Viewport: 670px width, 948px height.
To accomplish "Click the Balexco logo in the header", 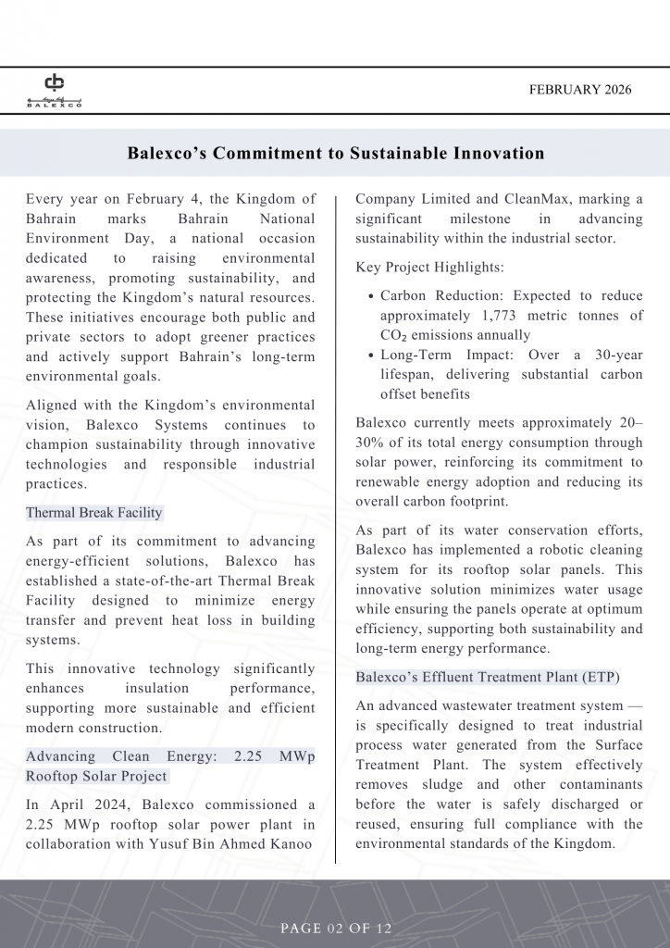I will (x=54, y=89).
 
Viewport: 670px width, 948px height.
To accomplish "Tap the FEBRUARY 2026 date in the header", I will (x=580, y=90).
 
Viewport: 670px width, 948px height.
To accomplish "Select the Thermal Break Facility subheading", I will (x=93, y=513).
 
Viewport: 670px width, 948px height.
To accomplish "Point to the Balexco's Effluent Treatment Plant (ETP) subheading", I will (x=488, y=678).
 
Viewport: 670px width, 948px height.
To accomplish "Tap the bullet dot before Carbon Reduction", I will (x=371, y=296).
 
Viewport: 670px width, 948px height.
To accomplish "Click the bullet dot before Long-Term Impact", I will (x=371, y=355).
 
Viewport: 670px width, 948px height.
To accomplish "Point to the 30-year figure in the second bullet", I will (x=605, y=355).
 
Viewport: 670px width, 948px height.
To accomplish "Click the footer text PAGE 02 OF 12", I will (x=336, y=928).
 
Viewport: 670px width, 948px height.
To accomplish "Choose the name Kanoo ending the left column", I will (x=292, y=844).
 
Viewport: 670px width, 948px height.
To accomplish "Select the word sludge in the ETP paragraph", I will (x=446, y=784).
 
